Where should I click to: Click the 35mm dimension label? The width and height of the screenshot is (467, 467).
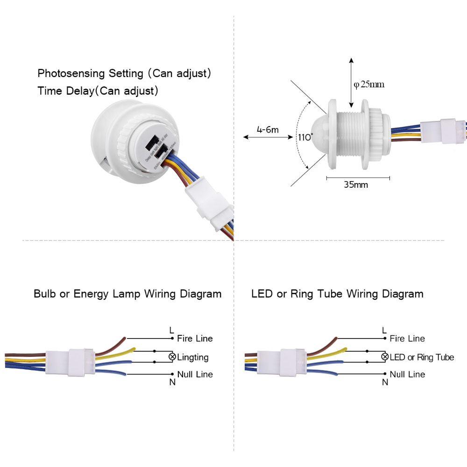(x=356, y=184)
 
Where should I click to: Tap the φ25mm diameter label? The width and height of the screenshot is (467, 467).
(x=369, y=85)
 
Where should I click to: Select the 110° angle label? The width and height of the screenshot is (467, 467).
(x=305, y=137)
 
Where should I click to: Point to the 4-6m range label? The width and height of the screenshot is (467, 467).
(x=267, y=129)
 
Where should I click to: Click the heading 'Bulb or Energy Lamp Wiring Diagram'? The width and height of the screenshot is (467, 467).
(x=127, y=294)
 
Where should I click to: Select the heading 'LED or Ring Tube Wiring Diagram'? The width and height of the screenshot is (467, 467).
(x=337, y=294)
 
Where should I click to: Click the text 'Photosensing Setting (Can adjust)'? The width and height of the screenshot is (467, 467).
(x=125, y=73)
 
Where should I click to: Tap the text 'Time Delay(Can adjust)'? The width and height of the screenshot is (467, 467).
(x=98, y=91)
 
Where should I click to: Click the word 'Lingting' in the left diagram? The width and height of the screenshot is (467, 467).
(x=193, y=357)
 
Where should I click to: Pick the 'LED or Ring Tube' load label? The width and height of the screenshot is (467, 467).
(x=422, y=357)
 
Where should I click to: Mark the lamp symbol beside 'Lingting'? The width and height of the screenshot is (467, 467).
(x=172, y=357)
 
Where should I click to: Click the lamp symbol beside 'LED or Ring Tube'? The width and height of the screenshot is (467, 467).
(x=385, y=357)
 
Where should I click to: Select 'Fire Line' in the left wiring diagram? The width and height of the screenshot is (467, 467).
(x=195, y=338)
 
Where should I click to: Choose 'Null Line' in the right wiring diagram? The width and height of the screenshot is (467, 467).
(x=407, y=374)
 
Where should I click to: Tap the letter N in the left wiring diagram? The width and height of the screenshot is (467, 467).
(x=172, y=382)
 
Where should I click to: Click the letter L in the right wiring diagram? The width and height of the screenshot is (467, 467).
(x=384, y=330)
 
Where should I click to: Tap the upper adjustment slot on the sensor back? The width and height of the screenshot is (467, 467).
(x=153, y=142)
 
